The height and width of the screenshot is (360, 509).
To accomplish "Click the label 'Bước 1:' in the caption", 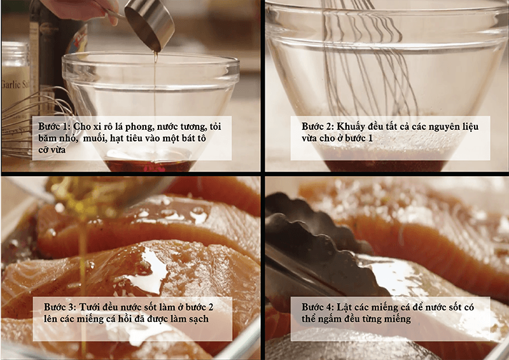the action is click(x=54, y=127).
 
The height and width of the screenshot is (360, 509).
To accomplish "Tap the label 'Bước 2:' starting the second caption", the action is click(x=317, y=127).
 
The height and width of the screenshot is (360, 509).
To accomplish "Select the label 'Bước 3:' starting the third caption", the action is click(x=60, y=307).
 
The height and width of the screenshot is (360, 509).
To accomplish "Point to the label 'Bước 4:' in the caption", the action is click(x=317, y=307).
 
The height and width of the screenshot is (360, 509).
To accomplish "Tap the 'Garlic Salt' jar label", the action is click(x=15, y=85).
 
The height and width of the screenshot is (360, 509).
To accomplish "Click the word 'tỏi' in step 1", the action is click(x=215, y=127).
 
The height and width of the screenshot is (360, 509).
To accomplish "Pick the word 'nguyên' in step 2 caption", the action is click(x=442, y=127).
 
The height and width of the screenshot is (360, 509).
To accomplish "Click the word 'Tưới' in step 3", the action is click(x=90, y=307).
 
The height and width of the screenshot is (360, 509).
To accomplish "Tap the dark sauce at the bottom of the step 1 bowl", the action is click(x=150, y=165).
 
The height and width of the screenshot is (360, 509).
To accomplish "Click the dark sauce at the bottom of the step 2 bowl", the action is click(x=385, y=165).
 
